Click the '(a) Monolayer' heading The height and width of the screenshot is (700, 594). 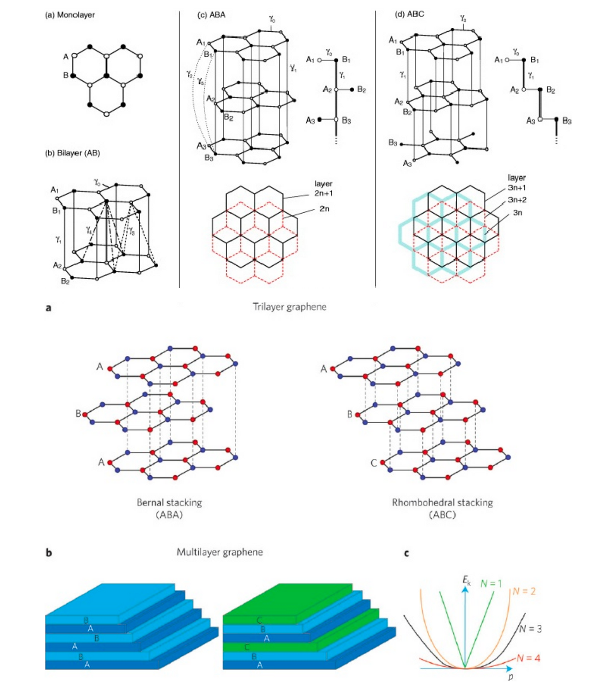tap(70, 15)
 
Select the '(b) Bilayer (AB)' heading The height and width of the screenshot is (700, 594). tap(72, 153)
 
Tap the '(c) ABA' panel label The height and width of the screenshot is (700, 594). tap(211, 15)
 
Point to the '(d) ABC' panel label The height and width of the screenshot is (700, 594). tap(409, 14)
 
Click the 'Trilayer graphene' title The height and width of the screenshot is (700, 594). tap(289, 307)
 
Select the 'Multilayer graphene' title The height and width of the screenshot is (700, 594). tap(220, 552)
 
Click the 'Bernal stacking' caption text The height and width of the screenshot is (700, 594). tap(169, 503)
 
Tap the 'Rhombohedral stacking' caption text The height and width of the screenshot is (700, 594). tap(442, 503)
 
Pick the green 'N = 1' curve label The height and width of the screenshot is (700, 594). tap(491, 583)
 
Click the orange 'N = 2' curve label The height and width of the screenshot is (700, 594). tap(524, 591)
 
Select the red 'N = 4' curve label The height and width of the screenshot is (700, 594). tap(528, 658)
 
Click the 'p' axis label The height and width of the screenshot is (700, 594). tap(510, 677)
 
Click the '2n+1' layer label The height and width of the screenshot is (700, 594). tap(323, 193)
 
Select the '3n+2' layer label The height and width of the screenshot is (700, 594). tap(517, 200)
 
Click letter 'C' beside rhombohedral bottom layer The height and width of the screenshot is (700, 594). tap(374, 463)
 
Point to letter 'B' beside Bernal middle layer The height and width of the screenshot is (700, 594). tap(78, 413)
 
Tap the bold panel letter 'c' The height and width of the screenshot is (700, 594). tap(407, 553)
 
